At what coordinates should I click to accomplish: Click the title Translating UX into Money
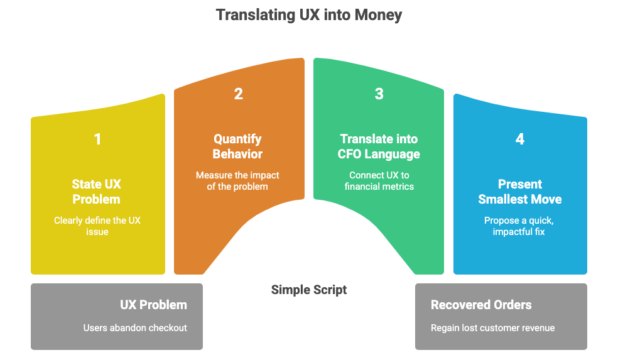point(309,14)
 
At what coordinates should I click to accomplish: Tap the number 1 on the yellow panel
point(97,139)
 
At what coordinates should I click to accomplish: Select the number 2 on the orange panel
point(238,94)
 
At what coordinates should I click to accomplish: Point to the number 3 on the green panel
point(379,94)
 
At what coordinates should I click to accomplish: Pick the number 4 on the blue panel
point(519,139)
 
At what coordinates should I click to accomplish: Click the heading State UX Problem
point(97,192)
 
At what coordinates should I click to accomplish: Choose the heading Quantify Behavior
point(237,146)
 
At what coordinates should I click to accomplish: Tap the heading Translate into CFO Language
point(379,146)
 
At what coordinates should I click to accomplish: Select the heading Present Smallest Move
point(519,192)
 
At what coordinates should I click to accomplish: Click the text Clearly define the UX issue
point(97,226)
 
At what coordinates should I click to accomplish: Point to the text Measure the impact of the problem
point(237,180)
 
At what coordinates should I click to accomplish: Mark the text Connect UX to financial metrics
point(379,180)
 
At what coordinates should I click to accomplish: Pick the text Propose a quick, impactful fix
point(519,226)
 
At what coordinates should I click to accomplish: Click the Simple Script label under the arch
point(309,290)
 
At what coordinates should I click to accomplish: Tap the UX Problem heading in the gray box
point(153,305)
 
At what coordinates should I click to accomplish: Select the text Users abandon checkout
point(135,328)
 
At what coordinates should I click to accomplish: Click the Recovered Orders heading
point(481,305)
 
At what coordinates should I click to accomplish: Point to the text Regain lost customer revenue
point(492,328)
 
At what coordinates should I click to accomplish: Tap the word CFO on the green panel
point(352,154)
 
